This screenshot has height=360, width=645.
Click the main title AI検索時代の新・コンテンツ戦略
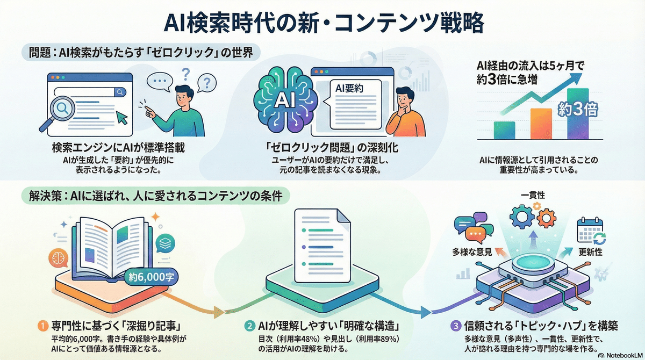point(322,24)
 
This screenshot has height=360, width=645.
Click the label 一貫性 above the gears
point(532,196)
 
